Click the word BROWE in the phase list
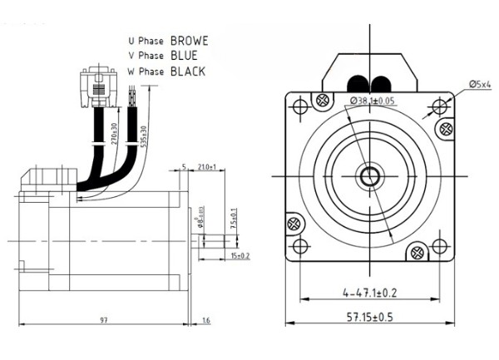[x=189, y=39]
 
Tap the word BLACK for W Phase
[x=187, y=72]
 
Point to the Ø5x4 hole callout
[x=482, y=84]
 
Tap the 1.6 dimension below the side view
[x=205, y=320]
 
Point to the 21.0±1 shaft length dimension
[x=207, y=168]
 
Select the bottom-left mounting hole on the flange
[x=301, y=246]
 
